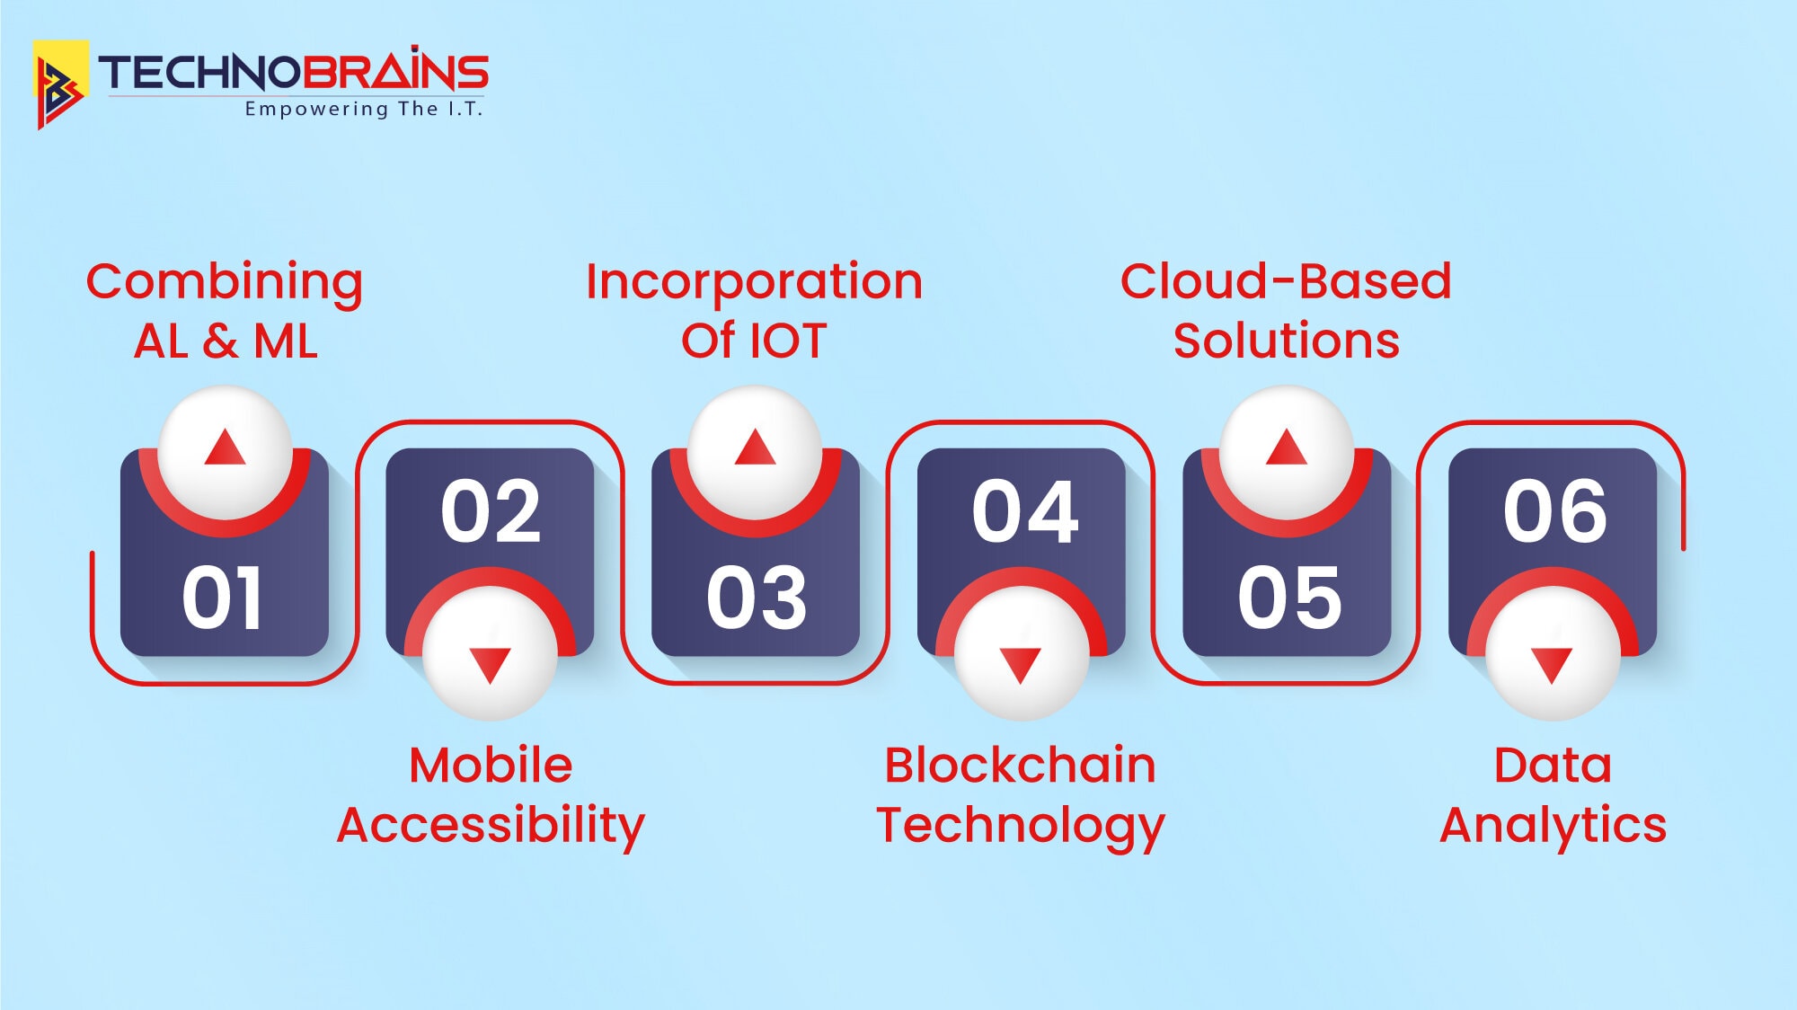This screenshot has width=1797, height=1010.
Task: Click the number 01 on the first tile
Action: click(222, 598)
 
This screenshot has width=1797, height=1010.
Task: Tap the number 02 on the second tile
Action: click(491, 511)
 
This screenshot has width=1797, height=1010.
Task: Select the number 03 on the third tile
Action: click(757, 598)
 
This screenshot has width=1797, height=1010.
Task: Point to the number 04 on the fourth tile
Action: click(1025, 511)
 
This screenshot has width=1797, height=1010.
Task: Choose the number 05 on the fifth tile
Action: click(1289, 598)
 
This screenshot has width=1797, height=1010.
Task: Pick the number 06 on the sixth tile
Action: click(1555, 511)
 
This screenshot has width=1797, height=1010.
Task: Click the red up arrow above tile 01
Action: click(225, 447)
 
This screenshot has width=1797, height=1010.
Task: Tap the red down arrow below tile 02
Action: click(490, 666)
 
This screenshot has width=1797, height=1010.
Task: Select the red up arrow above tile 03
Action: click(755, 447)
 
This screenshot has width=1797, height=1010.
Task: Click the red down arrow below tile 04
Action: click(1021, 666)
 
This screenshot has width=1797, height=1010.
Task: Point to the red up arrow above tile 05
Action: click(1287, 447)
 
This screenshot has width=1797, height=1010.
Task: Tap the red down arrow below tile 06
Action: click(1552, 666)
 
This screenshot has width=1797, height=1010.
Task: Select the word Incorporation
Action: click(754, 283)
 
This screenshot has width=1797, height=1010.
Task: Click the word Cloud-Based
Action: click(1286, 281)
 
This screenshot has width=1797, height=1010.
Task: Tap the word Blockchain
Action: click(1020, 766)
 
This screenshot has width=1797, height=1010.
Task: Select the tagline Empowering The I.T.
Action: click(364, 109)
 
